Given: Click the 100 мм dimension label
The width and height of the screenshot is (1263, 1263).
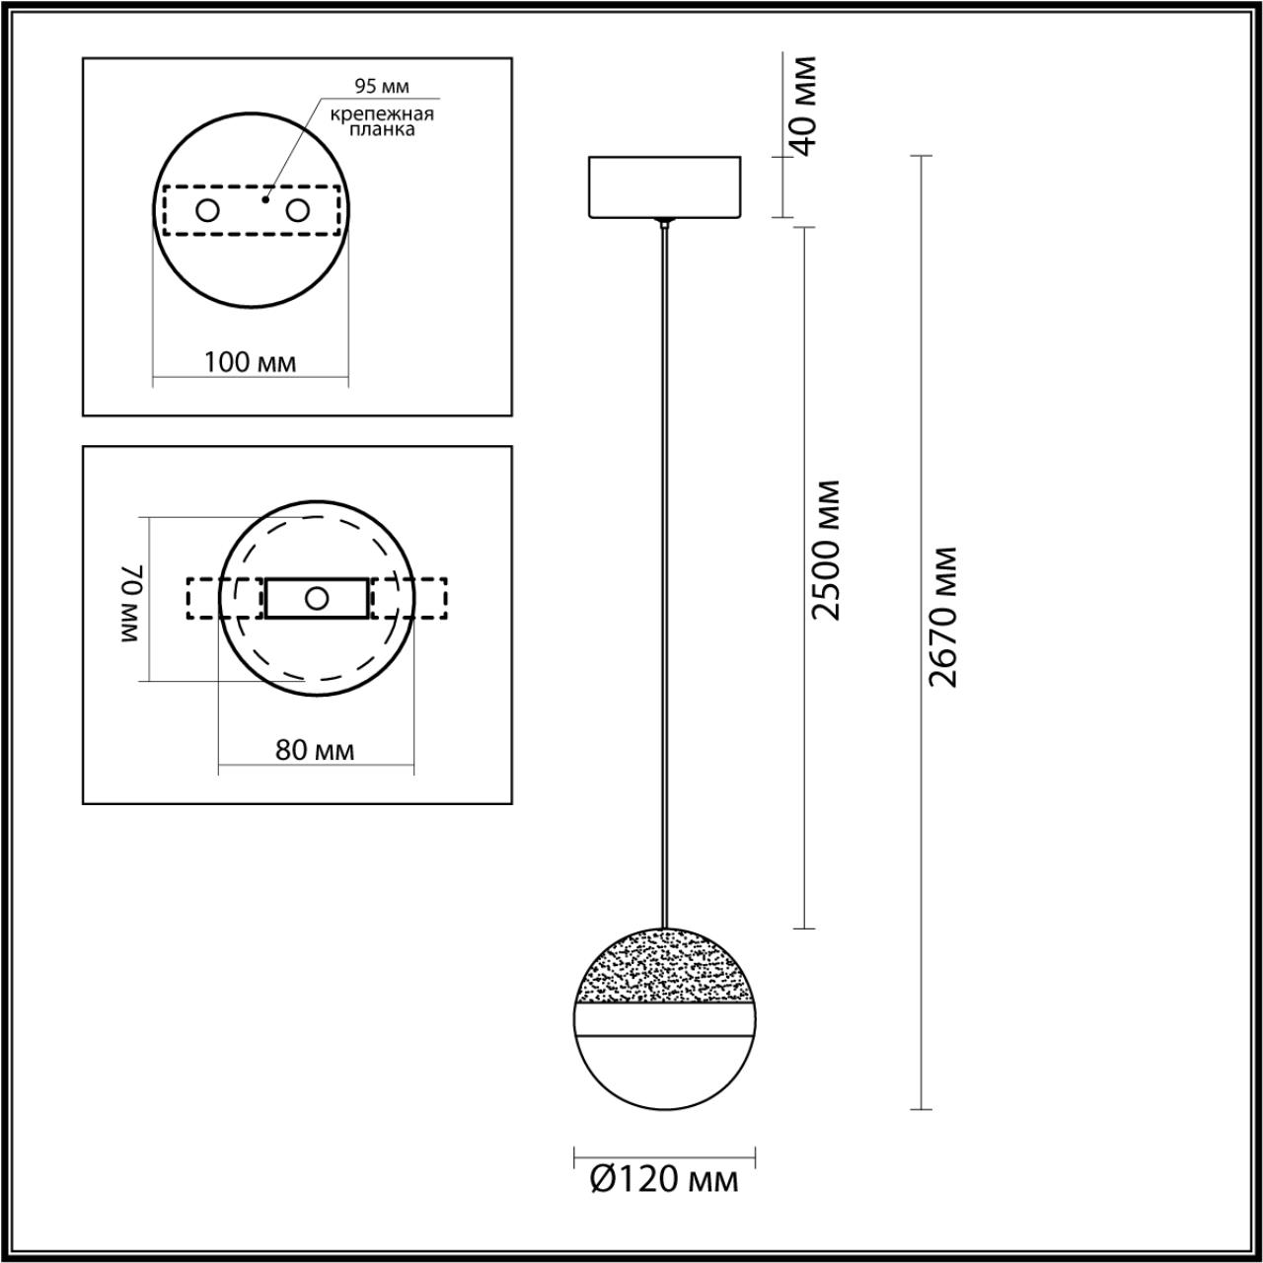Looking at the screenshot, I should coord(250,362).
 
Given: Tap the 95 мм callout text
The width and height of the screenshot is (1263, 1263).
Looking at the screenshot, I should coord(382,87).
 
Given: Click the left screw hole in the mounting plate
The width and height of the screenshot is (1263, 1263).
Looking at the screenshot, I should coord(208,210).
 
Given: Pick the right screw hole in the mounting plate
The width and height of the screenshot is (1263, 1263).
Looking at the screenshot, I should coord(297,210).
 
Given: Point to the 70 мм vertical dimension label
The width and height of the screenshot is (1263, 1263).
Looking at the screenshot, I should coord(133,605).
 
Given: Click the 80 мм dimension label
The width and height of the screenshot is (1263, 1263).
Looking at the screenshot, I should coord(315,750).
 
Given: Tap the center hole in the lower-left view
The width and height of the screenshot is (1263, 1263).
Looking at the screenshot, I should coord(317,598).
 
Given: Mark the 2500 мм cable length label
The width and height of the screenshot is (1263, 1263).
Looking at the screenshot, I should coord(827,550).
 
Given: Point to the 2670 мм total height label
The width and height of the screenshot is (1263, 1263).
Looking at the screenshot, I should coord(943,617).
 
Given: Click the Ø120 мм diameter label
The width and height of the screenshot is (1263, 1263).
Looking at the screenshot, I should coord(665,1179).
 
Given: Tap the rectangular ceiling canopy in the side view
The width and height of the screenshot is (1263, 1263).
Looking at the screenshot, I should coord(663,186).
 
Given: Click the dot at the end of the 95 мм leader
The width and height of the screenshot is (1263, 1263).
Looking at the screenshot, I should coord(265,199).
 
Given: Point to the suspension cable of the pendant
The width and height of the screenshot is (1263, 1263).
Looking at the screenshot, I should coord(665,572).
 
